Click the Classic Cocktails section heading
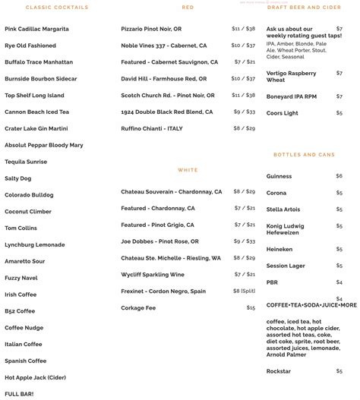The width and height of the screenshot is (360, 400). click(57, 8)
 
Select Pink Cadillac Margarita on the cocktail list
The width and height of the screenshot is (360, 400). click(36, 29)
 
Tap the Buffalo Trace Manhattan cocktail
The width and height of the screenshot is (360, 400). click(39, 62)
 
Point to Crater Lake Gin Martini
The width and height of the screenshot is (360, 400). click(36, 128)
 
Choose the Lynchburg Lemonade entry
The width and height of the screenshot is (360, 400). click(35, 244)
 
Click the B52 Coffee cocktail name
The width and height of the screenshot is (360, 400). click(20, 310)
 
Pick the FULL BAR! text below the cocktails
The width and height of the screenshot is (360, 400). click(18, 394)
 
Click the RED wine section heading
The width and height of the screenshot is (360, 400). click(188, 8)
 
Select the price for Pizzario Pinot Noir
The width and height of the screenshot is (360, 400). click(243, 29)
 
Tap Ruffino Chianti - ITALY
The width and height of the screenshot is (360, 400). click(152, 128)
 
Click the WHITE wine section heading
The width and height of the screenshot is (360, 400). click(188, 170)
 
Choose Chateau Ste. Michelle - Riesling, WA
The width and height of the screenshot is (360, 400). click(171, 258)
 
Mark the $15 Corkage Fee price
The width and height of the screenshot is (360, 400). click(251, 307)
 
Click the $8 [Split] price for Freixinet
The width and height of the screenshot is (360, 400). click(244, 291)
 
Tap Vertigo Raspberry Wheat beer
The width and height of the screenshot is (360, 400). click(292, 76)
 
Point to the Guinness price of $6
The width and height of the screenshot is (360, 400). click(339, 176)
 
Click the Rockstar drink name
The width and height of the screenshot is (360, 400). click(279, 371)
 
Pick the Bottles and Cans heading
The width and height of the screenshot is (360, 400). click(304, 155)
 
